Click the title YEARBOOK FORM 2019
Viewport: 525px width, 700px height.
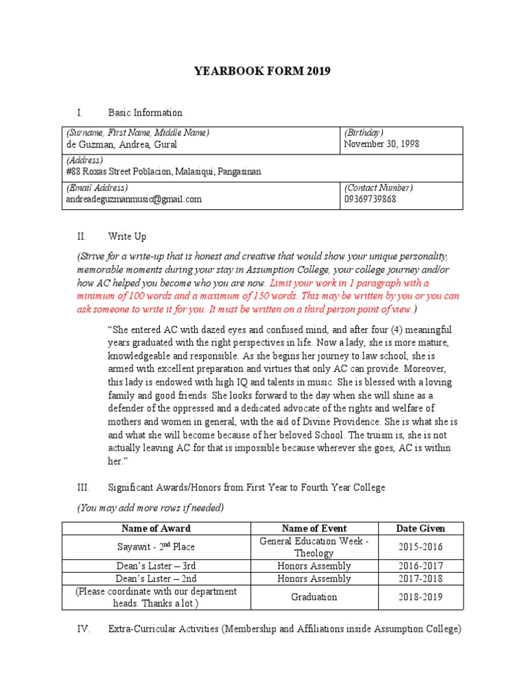[x=262, y=71]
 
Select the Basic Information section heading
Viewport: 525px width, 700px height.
[x=145, y=112]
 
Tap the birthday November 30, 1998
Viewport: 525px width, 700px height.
[x=381, y=144]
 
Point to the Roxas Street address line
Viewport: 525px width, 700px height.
[x=163, y=172]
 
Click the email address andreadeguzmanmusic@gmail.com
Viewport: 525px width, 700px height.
[x=133, y=199]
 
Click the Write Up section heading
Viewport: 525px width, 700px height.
[x=127, y=237]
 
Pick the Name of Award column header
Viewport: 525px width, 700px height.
[x=156, y=528]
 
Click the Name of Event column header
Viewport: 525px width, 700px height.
[x=314, y=528]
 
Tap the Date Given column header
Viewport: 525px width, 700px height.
[x=420, y=528]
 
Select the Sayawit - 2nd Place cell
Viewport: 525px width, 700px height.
[x=156, y=548]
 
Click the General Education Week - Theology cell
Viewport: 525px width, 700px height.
[x=314, y=547]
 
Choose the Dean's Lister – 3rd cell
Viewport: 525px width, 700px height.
[x=156, y=566]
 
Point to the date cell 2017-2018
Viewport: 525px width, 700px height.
[x=420, y=578]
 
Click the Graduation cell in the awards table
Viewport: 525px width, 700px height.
[x=314, y=597]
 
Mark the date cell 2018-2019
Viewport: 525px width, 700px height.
[x=420, y=597]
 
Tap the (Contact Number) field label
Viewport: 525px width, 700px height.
[x=378, y=187]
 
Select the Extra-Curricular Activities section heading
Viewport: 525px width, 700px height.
[x=284, y=629]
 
